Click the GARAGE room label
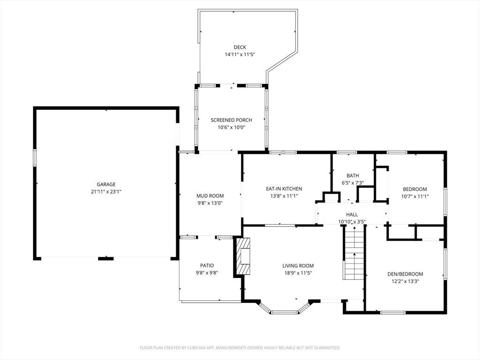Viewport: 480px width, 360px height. point(106,184)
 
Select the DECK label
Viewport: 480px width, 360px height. point(240,47)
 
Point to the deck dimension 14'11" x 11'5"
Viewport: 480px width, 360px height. point(240,54)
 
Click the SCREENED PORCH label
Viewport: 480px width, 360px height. point(232,120)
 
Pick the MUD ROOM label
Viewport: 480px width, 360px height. point(210,195)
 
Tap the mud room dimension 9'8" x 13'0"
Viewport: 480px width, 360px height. point(210,203)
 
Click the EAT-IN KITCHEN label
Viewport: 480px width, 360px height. point(284,188)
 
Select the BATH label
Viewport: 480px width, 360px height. point(352,176)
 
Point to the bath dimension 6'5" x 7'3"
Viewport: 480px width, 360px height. point(352,183)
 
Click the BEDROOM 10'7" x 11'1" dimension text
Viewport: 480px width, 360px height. point(415,196)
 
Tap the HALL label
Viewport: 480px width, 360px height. point(352,215)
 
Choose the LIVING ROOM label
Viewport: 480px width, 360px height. point(298,266)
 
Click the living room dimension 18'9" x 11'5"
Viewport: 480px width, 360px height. point(298,273)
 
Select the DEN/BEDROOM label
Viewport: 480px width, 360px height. point(405,274)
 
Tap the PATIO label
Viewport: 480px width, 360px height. point(207,265)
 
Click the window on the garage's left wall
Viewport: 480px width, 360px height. point(35,157)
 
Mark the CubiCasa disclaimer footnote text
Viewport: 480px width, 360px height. point(240,348)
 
